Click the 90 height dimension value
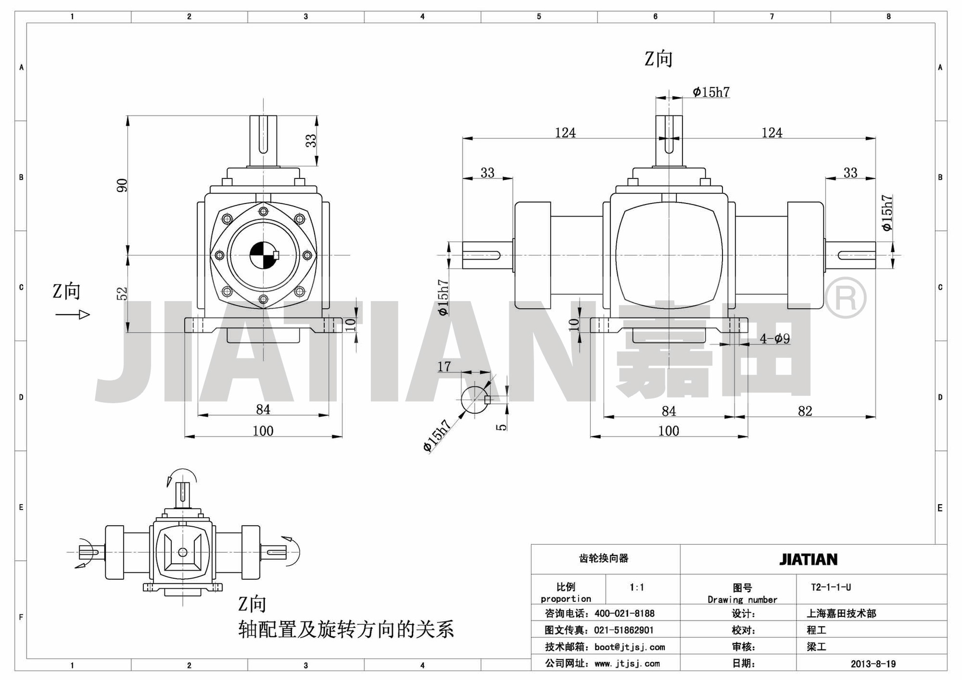(x=122, y=185)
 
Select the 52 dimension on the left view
(x=122, y=293)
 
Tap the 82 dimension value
(x=805, y=411)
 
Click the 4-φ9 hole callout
(x=775, y=339)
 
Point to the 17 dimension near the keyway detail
(x=444, y=367)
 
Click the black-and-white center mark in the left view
(x=264, y=255)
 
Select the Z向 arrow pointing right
(x=73, y=315)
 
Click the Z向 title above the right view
(x=658, y=59)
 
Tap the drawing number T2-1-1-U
(x=831, y=587)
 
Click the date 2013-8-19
(x=873, y=663)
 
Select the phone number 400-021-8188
(x=624, y=613)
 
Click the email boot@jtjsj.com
(x=630, y=647)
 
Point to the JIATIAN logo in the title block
(x=808, y=559)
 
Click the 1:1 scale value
(x=637, y=587)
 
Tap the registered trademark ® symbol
(x=845, y=298)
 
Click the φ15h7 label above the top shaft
(x=711, y=92)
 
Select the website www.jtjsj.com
(x=627, y=664)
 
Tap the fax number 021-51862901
(x=624, y=630)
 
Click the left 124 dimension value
(x=565, y=133)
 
